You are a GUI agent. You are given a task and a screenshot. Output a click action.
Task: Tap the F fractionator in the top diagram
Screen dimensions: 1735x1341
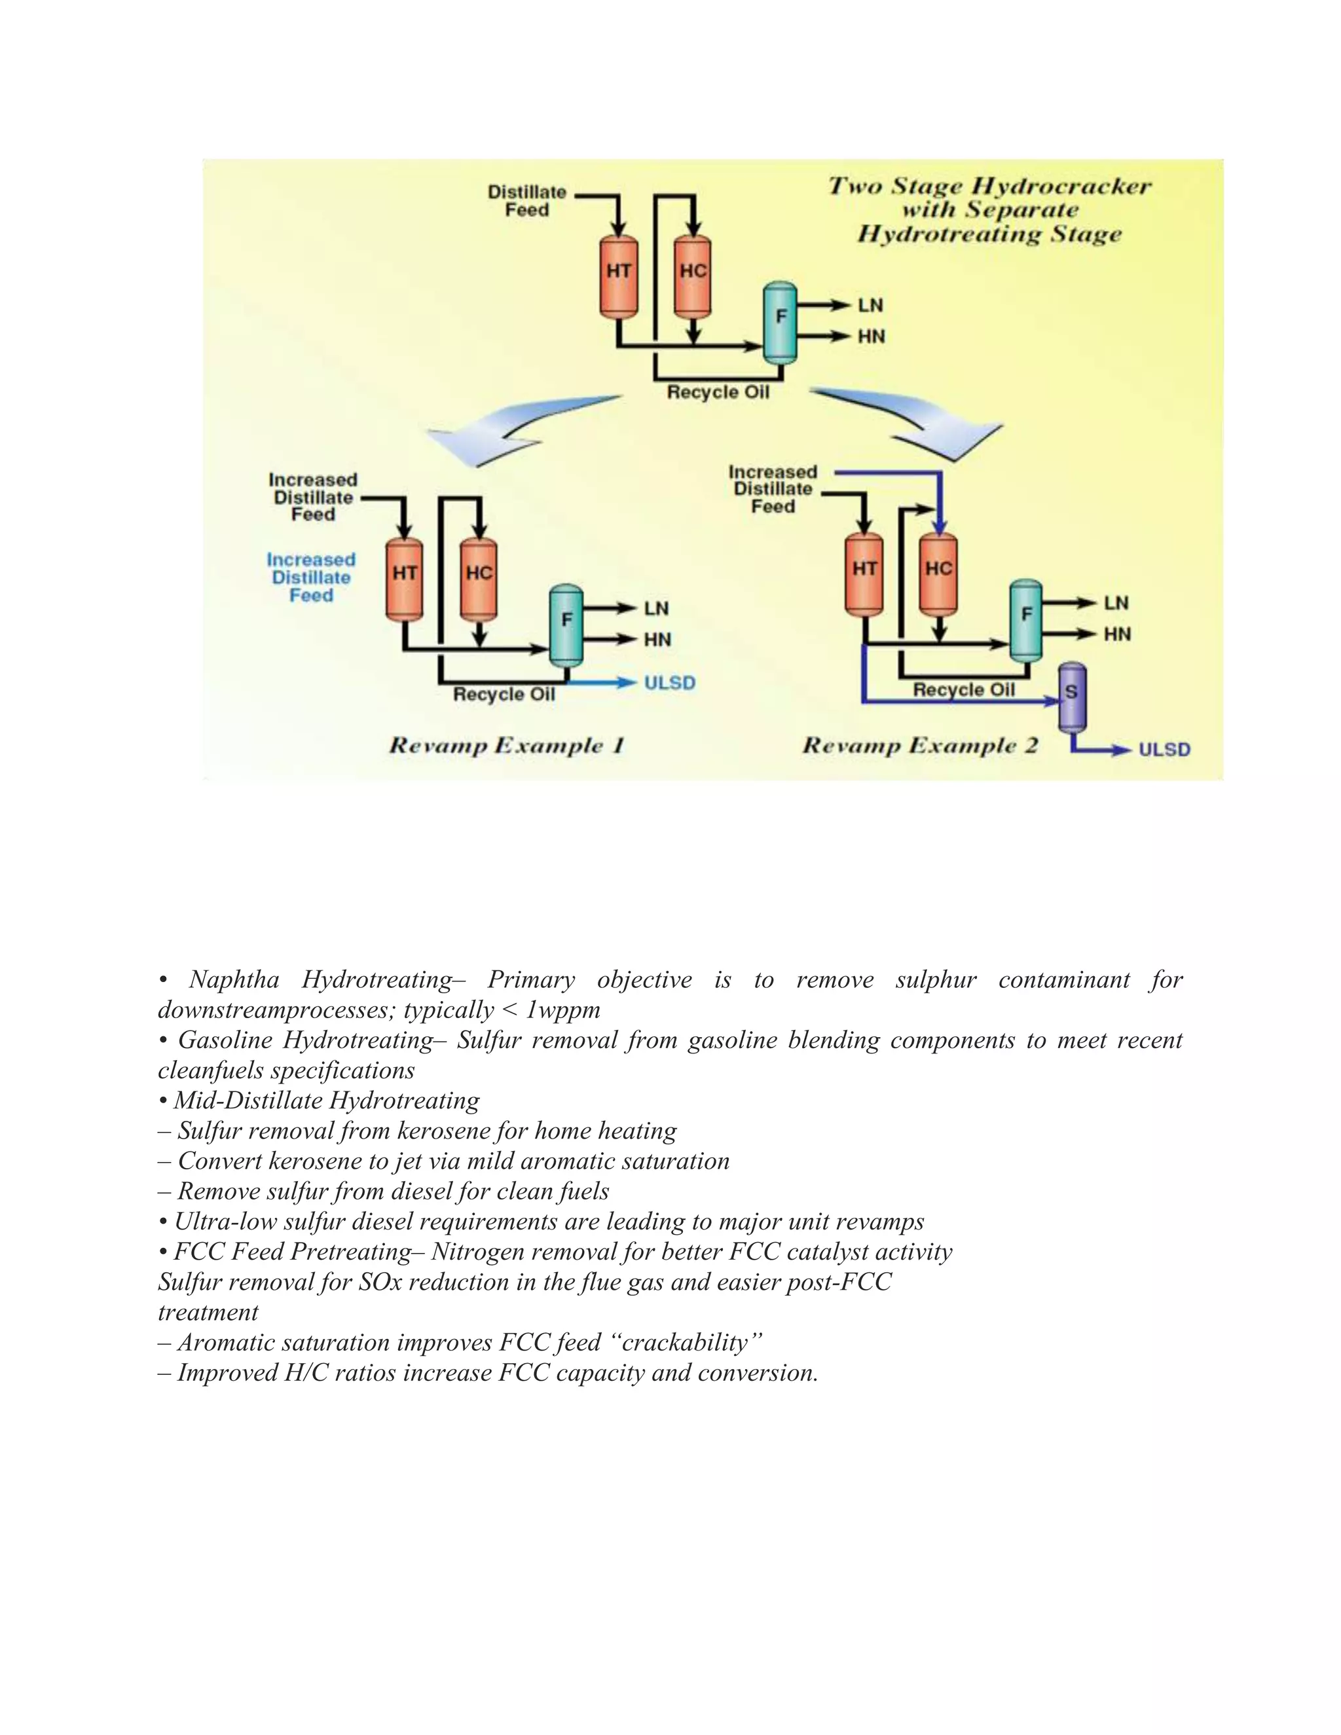(x=780, y=320)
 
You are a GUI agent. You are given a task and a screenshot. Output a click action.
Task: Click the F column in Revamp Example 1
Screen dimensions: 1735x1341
(x=566, y=623)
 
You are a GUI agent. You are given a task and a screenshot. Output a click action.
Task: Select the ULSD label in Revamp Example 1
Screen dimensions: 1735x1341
(x=669, y=683)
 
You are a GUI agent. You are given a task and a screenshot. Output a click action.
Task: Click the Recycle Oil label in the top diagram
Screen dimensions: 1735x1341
(x=718, y=392)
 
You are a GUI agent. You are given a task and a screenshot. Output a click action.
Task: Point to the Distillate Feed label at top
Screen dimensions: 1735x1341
(x=526, y=201)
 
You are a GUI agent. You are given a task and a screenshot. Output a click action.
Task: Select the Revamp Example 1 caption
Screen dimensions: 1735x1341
(x=507, y=746)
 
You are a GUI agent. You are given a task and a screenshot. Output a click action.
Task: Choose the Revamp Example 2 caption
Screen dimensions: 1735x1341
(x=920, y=746)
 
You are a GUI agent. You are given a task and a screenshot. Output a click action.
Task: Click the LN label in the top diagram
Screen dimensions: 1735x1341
(x=870, y=306)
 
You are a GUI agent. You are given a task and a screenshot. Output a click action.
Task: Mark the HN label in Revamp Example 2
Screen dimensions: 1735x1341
(x=1116, y=634)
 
